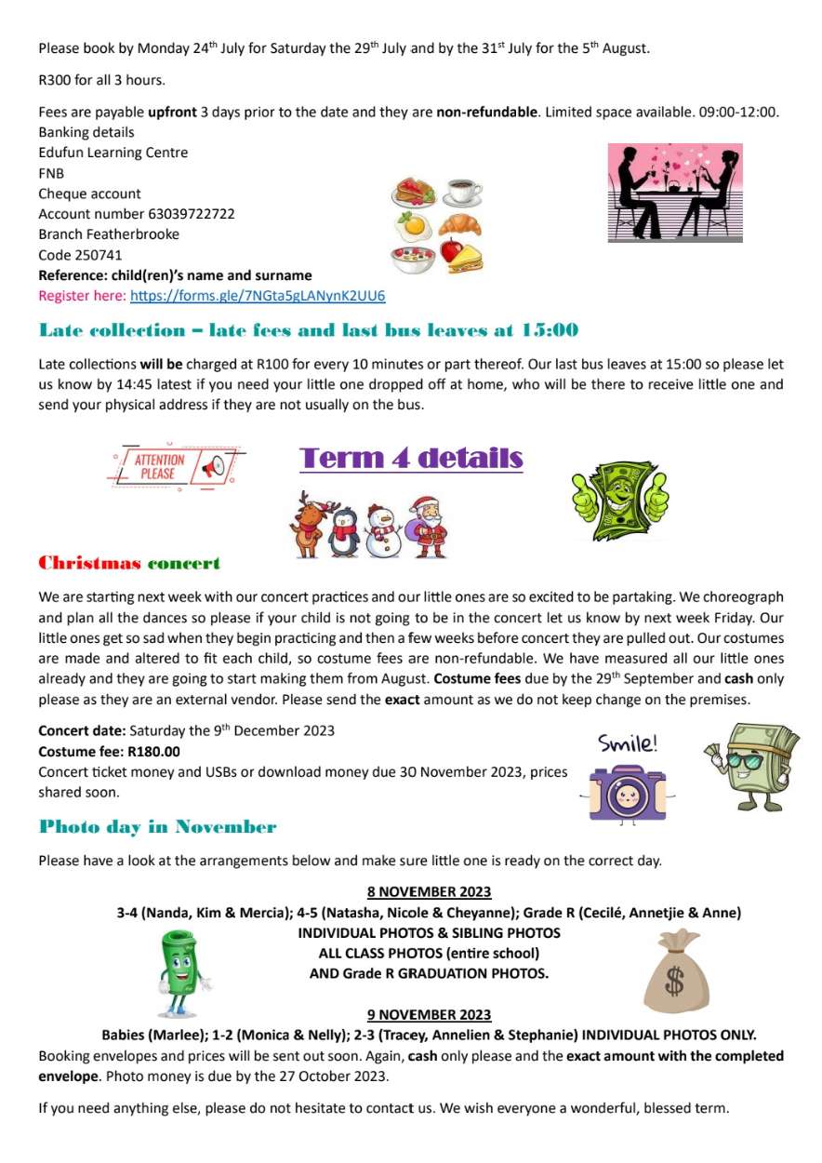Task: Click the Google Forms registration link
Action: (x=258, y=296)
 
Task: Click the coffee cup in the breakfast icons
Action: (x=462, y=193)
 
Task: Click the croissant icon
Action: (x=460, y=223)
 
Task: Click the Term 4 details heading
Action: (x=411, y=458)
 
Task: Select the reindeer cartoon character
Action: (x=310, y=526)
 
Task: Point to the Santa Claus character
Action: (x=428, y=527)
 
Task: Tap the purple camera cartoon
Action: (x=627, y=791)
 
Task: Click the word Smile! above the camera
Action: (x=628, y=743)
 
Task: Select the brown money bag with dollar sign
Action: (x=676, y=974)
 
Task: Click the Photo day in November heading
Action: (x=157, y=826)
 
